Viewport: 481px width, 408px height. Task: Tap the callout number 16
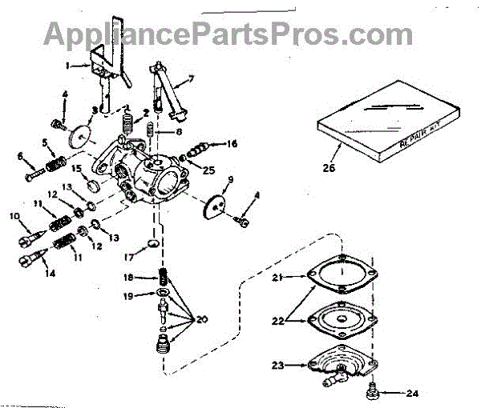[232, 145]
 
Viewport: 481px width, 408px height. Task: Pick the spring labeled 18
[164, 278]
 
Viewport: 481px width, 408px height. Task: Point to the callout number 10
[14, 216]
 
